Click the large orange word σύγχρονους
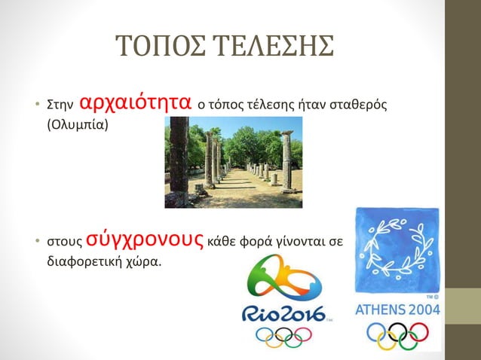[150, 241]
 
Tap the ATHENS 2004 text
[397, 310]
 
